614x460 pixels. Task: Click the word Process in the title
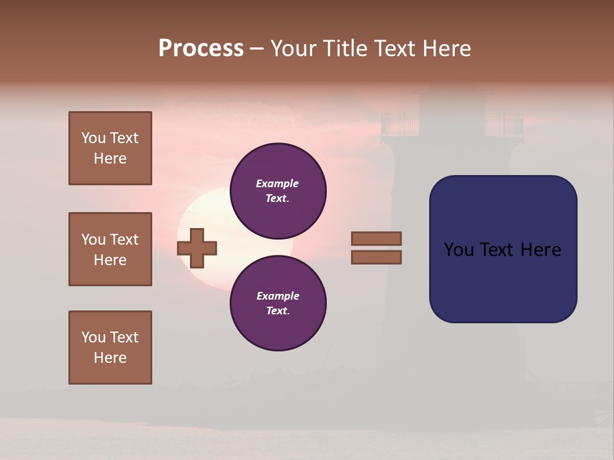click(x=201, y=49)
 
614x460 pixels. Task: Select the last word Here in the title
click(x=446, y=49)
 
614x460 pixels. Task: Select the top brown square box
click(x=110, y=148)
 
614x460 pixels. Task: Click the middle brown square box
click(x=110, y=249)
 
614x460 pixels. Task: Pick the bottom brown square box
click(x=110, y=347)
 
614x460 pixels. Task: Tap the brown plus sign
click(x=197, y=248)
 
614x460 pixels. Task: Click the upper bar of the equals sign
click(x=376, y=238)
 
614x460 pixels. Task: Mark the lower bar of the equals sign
click(x=376, y=257)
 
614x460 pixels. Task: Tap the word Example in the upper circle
click(x=278, y=183)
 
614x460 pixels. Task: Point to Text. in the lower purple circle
click(x=278, y=310)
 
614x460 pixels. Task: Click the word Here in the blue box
click(x=540, y=249)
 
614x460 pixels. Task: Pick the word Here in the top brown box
click(x=110, y=158)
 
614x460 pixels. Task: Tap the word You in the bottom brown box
click(x=93, y=337)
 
